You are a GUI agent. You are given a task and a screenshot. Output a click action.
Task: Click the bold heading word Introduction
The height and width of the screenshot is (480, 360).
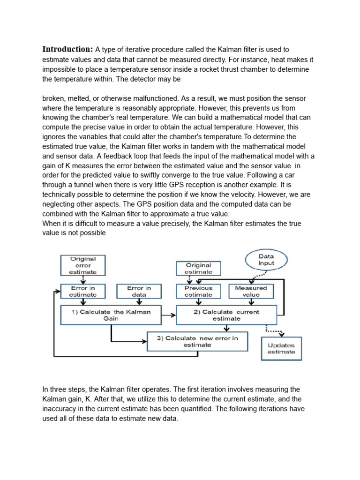[x=67, y=50]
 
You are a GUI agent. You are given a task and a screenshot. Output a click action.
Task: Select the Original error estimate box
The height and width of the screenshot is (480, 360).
[x=83, y=265]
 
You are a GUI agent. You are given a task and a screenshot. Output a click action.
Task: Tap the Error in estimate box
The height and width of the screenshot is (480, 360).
[x=83, y=292]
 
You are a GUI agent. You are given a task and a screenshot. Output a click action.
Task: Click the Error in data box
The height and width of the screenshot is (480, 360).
[x=139, y=292]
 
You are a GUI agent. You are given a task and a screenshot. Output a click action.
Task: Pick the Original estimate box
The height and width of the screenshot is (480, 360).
[x=198, y=268]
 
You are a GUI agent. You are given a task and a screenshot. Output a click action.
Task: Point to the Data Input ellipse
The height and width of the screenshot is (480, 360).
[x=266, y=260]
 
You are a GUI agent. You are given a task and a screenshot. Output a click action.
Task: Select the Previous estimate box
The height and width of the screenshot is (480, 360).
[x=198, y=292]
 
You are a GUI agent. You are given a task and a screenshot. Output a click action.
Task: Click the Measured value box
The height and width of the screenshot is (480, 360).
[x=251, y=292]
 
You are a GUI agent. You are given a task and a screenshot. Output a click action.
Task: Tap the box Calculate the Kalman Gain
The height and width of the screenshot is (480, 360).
[x=111, y=315]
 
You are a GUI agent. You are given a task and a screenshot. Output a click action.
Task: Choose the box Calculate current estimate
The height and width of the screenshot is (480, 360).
[x=226, y=315]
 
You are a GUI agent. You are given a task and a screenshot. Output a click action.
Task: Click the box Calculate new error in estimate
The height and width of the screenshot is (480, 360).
[x=197, y=341]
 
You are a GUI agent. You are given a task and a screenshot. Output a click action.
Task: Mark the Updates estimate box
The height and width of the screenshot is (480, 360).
[x=281, y=348]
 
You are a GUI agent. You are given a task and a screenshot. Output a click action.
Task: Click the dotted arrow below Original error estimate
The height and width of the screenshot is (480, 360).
[x=83, y=280]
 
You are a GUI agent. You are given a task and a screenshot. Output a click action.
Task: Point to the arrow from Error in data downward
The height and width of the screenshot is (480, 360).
[x=139, y=302]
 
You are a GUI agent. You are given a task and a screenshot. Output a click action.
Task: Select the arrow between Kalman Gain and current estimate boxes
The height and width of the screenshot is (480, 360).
[x=169, y=315]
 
